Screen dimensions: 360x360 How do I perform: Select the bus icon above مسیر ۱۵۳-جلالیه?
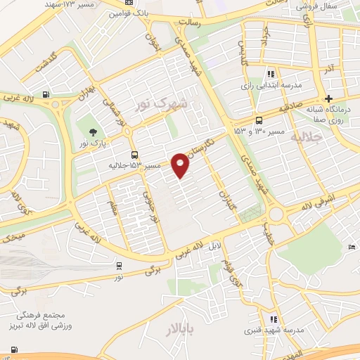(134, 155)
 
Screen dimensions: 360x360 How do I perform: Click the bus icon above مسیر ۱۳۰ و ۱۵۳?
(259, 120)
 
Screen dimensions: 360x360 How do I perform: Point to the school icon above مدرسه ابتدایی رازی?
(271, 74)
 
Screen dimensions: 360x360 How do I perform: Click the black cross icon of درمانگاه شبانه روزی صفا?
(328, 98)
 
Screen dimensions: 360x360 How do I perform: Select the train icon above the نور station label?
(118, 266)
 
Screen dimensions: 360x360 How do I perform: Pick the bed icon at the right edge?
(352, 246)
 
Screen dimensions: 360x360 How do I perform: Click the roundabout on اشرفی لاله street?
(276, 213)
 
